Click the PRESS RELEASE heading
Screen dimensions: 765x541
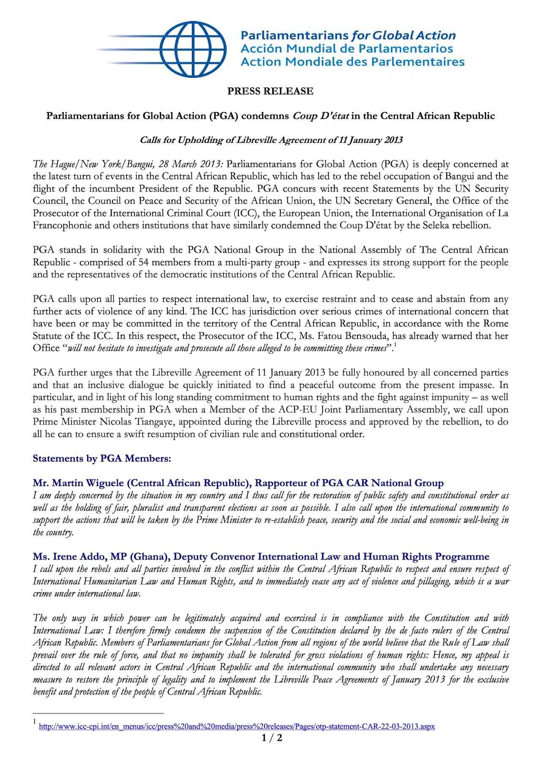[270, 91]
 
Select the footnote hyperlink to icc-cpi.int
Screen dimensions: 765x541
[237, 727]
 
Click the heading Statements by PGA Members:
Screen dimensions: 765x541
[102, 459]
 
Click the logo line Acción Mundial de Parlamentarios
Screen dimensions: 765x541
[347, 49]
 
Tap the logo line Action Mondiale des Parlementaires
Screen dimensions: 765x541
[352, 62]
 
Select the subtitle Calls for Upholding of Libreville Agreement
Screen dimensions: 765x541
[271, 140]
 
